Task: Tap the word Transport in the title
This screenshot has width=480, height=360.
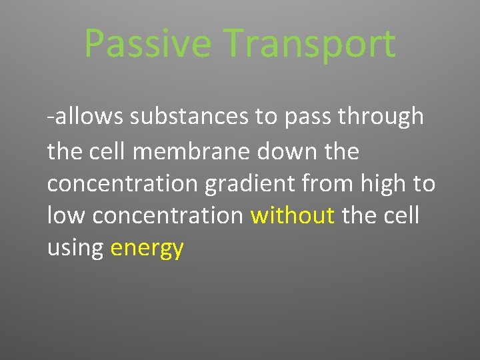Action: [310, 44]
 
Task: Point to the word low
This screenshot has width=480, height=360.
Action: [67, 216]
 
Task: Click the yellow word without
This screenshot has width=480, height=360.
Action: [293, 216]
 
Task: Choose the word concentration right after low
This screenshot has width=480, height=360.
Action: [168, 216]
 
